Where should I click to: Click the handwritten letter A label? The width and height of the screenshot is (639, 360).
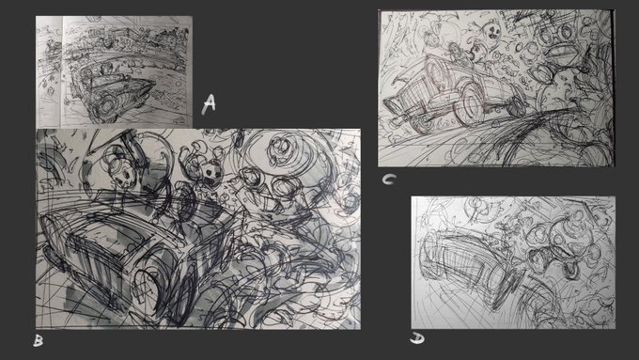(x=209, y=104)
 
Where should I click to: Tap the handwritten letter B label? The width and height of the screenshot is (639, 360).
(x=38, y=340)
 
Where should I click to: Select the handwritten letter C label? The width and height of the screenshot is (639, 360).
(x=389, y=180)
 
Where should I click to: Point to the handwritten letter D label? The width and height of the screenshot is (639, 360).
(x=417, y=338)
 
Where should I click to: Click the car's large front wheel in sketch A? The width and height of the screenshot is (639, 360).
(x=107, y=105)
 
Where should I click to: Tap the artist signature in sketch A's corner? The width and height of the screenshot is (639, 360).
(x=179, y=121)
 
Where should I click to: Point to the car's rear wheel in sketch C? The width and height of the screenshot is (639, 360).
(x=516, y=104)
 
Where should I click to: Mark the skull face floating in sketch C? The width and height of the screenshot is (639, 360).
(x=491, y=33)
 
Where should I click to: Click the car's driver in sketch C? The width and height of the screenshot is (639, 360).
(x=458, y=53)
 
